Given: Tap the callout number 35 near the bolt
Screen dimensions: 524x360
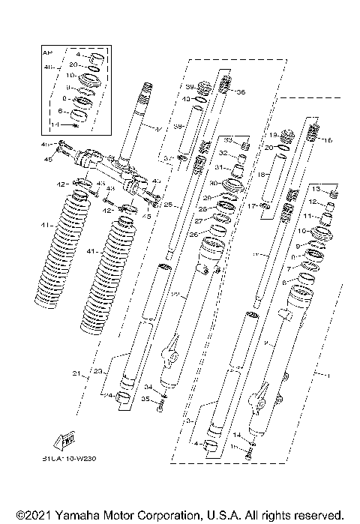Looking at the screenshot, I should pyautogui.click(x=148, y=401).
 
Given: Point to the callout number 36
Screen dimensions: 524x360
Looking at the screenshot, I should pyautogui.click(x=240, y=93).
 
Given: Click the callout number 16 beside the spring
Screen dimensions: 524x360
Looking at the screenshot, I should pyautogui.click(x=328, y=139).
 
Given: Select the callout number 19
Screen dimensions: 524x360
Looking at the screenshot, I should pyautogui.click(x=273, y=134).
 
